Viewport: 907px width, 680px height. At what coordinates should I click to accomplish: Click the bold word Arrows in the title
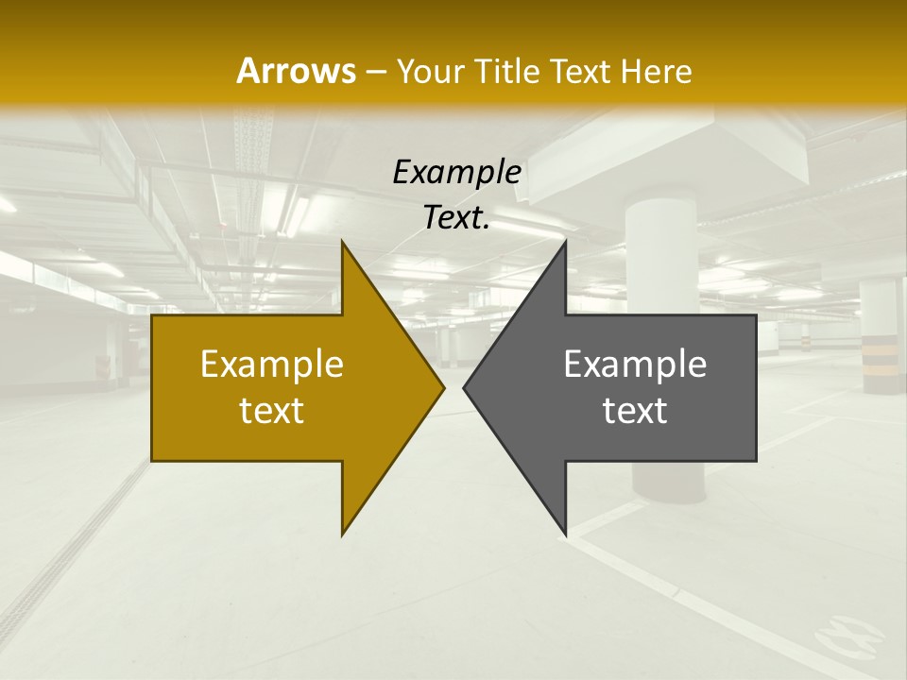point(295,71)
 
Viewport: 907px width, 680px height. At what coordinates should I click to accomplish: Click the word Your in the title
point(426,71)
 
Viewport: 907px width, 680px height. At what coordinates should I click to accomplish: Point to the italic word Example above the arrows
point(456,172)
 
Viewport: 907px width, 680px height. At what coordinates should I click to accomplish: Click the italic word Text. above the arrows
point(456,218)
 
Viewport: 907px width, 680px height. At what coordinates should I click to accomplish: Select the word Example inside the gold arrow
point(271,364)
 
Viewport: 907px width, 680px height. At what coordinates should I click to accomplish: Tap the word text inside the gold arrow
point(271,410)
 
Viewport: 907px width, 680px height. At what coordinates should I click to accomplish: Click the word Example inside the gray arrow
point(635,364)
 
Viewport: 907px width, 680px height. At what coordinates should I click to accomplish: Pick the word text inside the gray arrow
point(635,410)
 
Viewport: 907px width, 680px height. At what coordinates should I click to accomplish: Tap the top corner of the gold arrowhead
point(342,243)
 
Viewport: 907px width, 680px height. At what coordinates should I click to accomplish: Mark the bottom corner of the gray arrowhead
point(566,535)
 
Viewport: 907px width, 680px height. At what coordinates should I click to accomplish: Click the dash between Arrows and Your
point(375,72)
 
